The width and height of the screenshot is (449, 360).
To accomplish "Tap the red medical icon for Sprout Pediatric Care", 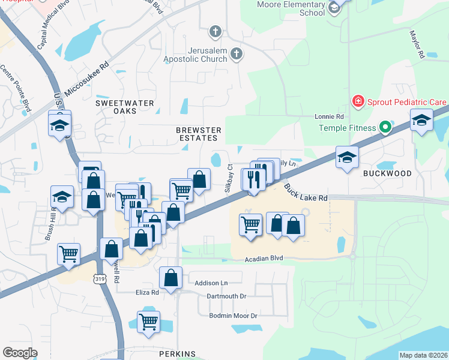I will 358,101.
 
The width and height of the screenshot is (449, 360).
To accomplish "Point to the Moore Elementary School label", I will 291,8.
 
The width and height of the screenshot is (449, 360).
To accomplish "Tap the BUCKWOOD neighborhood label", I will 387,173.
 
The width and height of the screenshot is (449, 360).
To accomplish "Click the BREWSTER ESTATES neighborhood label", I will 199,134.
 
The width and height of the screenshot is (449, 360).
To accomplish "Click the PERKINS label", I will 178,354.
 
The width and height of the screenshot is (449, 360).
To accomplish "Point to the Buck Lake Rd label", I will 306,193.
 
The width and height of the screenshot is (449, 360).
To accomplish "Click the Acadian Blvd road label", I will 264,259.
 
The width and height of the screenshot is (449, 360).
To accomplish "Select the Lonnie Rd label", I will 329,116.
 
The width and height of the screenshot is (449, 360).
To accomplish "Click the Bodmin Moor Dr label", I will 233,316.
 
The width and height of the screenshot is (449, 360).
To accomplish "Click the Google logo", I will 20,353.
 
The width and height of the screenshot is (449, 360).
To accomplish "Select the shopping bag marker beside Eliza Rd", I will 171,278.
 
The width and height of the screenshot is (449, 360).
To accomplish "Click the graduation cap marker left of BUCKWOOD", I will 347,157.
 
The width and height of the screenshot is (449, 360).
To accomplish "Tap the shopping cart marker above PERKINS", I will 148,320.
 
